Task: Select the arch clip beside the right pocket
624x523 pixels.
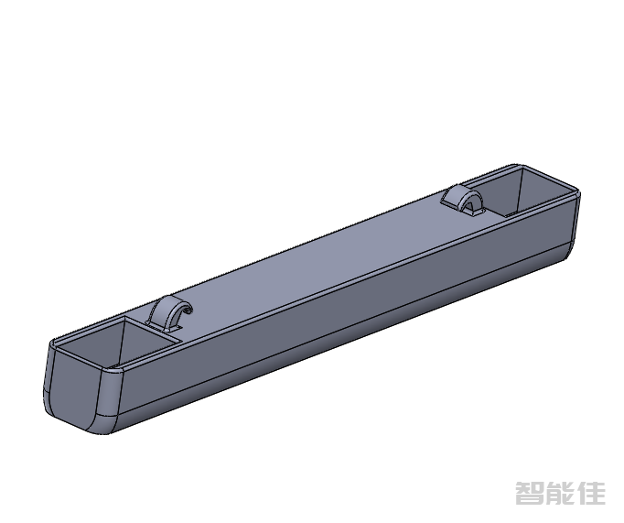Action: coord(461,199)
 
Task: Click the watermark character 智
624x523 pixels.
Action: coord(531,494)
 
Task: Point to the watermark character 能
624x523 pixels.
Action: coord(562,494)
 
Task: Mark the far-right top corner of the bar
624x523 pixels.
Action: coord(576,191)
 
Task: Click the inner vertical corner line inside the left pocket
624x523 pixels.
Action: coord(123,339)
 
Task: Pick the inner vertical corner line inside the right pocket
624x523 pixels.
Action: coord(521,188)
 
